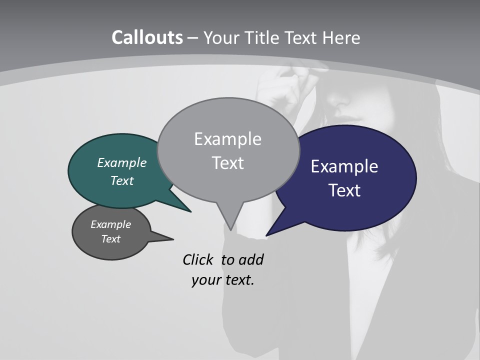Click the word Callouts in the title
(147, 37)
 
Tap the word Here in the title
(341, 37)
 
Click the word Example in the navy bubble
(344, 166)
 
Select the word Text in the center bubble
(228, 163)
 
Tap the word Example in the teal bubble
(121, 163)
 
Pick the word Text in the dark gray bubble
(110, 239)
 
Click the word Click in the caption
(197, 259)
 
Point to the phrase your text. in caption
(223, 280)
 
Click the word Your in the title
(220, 37)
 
